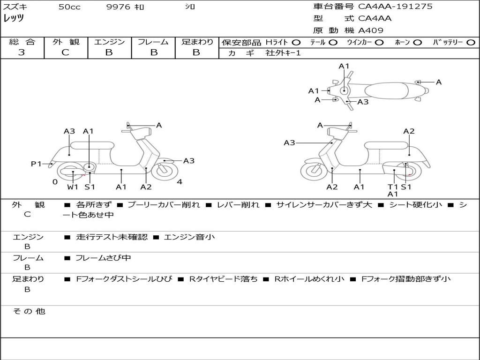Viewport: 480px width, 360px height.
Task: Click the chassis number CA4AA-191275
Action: point(395,7)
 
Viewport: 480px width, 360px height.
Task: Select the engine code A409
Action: point(371,30)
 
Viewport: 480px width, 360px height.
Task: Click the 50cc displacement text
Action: point(69,7)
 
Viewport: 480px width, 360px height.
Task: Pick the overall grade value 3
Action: point(22,52)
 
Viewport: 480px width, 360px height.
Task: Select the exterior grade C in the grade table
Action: point(65,52)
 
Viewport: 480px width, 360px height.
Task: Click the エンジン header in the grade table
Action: point(109,42)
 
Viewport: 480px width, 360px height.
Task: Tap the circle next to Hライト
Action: point(296,42)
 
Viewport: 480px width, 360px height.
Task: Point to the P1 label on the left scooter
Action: point(36,164)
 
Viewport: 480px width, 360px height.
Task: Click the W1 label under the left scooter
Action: point(72,187)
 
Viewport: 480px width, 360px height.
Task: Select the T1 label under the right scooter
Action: point(393,187)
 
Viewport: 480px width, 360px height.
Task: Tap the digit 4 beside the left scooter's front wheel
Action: point(180,182)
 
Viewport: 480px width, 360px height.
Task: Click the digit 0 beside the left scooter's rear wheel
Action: point(55,182)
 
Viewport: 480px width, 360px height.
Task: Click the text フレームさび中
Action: point(104,258)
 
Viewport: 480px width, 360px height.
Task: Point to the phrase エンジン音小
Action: point(189,237)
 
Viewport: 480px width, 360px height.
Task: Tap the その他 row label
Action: point(28,311)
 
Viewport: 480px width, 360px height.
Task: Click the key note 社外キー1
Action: point(283,53)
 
